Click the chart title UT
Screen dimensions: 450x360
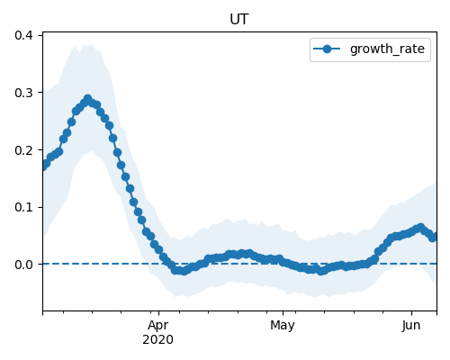coord(239,20)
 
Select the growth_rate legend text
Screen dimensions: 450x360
coord(387,49)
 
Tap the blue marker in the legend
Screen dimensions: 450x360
coord(327,49)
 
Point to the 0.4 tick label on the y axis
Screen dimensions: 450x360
coord(23,35)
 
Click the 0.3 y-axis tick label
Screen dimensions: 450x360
coord(23,93)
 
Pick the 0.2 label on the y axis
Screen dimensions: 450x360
coord(23,150)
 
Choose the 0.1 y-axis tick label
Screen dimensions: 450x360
coord(23,207)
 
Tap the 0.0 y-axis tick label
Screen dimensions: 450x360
coord(23,265)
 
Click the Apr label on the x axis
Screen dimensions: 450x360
coord(158,326)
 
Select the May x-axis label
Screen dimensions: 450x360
coord(283,326)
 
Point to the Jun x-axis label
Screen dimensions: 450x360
coord(411,326)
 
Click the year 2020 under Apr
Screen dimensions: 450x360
coord(157,340)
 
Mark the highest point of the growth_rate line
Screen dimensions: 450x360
coord(87,99)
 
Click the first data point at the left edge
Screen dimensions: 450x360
coord(44,166)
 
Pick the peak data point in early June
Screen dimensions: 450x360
coord(420,227)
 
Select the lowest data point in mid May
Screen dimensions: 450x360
coord(321,271)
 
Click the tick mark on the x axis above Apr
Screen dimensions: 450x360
coord(158,313)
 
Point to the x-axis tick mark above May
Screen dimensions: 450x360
coord(283,313)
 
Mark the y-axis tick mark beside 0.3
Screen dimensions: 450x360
coord(40,93)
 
